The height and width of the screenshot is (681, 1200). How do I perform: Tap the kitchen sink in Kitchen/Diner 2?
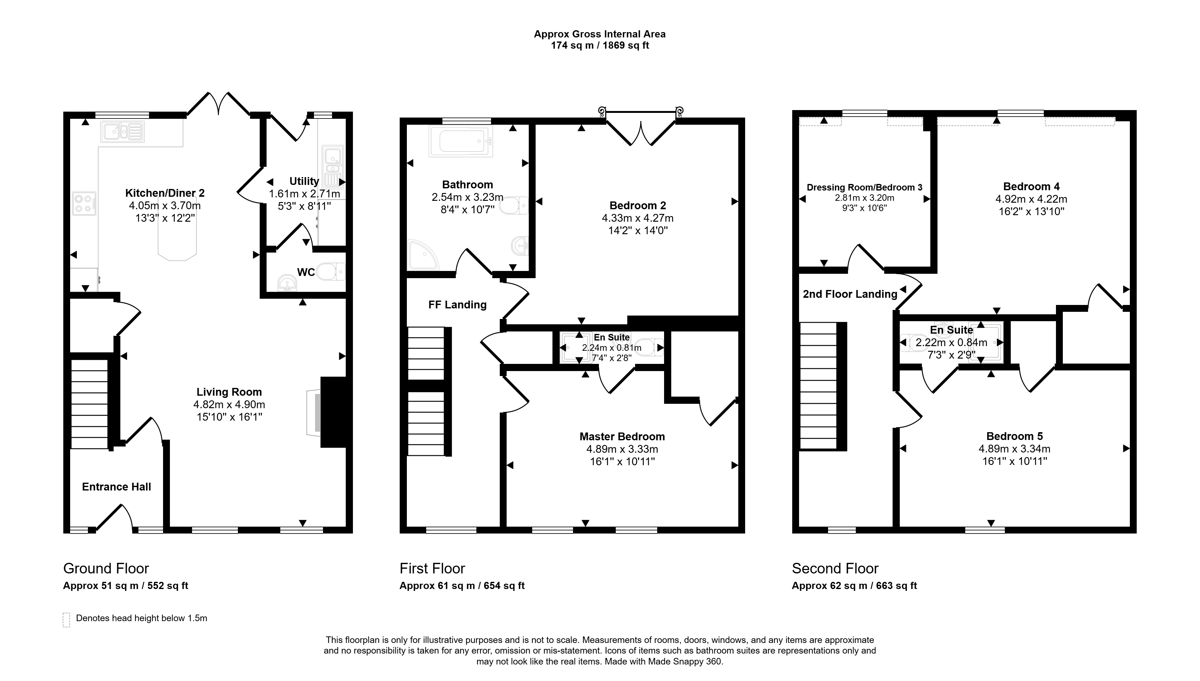[x=122, y=132]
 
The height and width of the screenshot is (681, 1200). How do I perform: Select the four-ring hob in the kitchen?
[x=84, y=203]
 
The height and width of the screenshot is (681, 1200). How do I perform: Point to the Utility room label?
[x=304, y=181]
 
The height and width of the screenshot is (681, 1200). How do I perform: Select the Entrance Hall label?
[x=117, y=487]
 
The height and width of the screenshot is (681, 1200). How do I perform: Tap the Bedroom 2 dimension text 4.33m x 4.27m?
[x=637, y=218]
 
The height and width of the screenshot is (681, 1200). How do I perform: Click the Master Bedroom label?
[x=622, y=437]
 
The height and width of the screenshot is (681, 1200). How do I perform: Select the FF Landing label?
[x=457, y=305]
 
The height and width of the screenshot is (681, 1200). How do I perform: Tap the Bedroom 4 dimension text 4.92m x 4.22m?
[x=1031, y=199]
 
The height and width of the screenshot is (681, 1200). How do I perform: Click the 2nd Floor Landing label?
[x=850, y=294]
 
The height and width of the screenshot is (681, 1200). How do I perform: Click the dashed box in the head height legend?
[x=66, y=620]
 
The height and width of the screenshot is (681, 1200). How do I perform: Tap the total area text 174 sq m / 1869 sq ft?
[x=600, y=46]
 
